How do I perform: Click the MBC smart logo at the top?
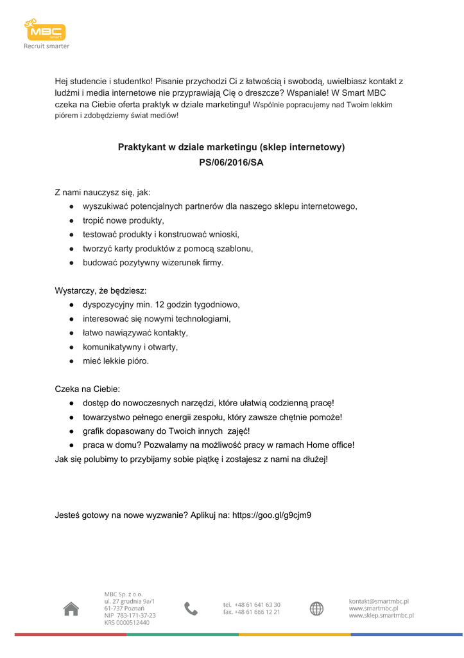45,30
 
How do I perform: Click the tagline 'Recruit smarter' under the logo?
46,46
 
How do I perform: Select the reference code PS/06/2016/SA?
231,163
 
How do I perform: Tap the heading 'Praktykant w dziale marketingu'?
231,147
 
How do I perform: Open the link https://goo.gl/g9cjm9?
271,515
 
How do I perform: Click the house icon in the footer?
71,609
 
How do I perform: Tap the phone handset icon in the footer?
191,609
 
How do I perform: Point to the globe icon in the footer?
316,609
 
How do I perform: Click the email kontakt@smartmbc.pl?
379,601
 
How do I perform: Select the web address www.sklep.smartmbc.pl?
381,616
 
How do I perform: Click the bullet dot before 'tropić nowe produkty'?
73,220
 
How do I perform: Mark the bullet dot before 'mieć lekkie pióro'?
73,361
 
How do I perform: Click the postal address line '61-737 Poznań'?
125,609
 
